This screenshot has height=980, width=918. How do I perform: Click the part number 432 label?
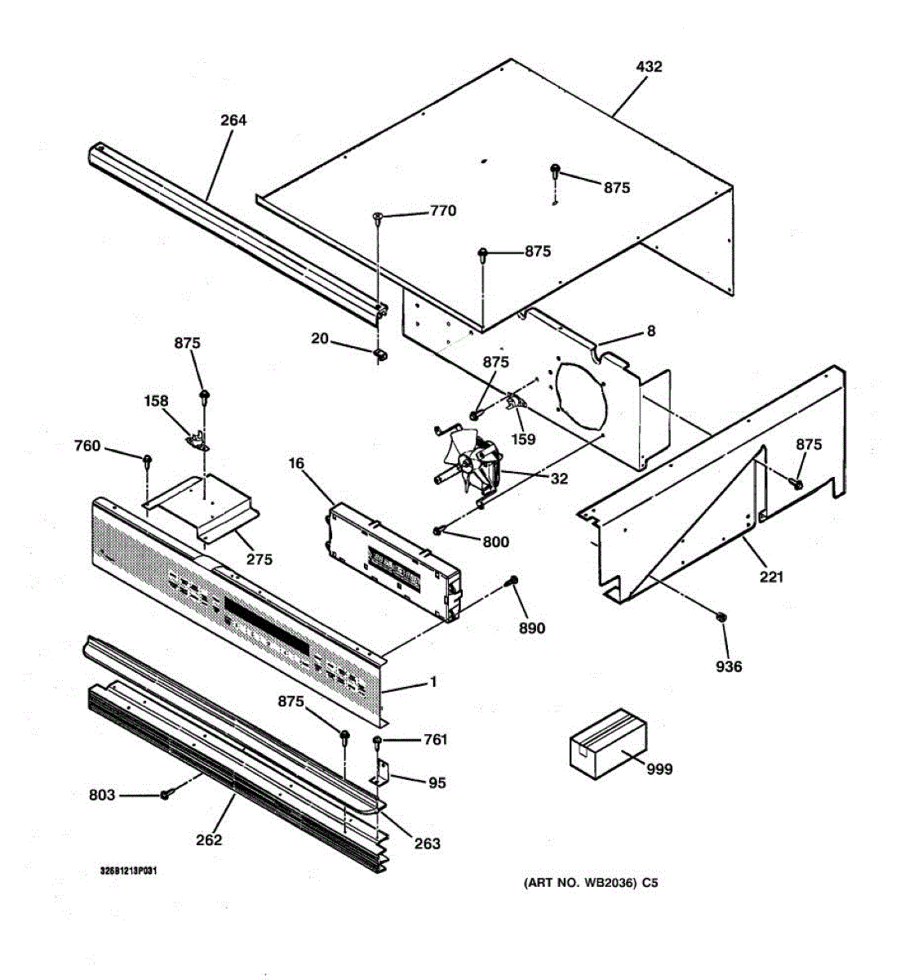coord(649,67)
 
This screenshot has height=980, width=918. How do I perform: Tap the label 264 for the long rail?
coord(233,120)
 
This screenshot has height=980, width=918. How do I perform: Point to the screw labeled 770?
coord(379,216)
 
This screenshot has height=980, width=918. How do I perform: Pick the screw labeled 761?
coord(378,741)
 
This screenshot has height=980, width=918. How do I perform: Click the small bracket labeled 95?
coord(382,773)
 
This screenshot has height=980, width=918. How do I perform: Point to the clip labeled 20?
coord(379,354)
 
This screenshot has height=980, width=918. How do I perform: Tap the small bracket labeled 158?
coord(196,440)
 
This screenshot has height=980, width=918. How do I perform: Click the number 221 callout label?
coord(771,577)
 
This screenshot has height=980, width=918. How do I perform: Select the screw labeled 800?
coord(439,532)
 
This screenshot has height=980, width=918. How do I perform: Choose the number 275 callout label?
coord(260,559)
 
